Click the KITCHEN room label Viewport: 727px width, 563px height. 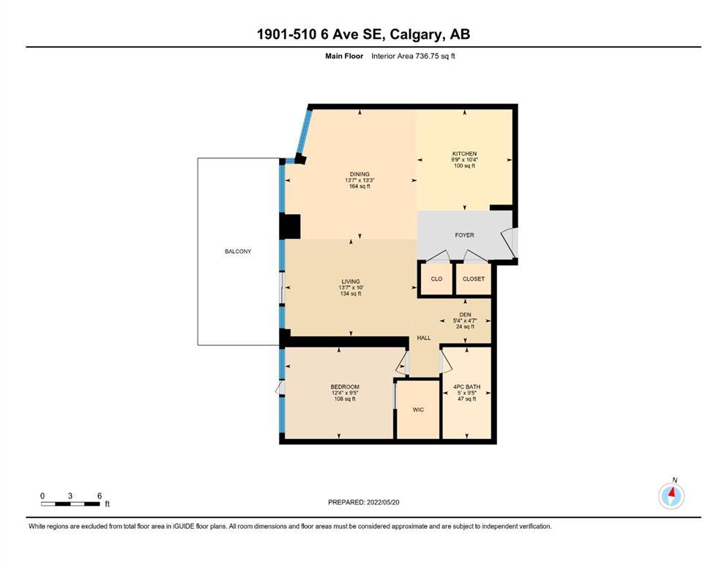coord(465,154)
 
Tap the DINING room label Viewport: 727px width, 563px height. coord(359,174)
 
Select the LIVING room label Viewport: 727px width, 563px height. coord(351,281)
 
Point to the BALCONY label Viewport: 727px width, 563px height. coord(238,251)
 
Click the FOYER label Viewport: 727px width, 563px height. coord(465,235)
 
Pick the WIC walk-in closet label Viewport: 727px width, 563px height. coord(418,410)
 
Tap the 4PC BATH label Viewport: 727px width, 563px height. coord(467,386)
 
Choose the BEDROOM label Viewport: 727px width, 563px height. coord(345,386)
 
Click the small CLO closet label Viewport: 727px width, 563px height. coord(436,279)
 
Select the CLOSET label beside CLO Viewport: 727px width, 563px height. coord(474,279)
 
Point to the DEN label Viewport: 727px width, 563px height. coord(465,314)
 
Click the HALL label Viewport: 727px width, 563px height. coord(424,338)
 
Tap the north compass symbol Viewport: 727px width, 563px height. coord(671,496)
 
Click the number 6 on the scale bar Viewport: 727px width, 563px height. coord(100,496)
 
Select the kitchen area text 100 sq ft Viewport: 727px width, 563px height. coord(465,166)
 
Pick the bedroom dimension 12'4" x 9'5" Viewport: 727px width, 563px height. coord(345,393)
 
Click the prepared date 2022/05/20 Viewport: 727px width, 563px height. coord(383,502)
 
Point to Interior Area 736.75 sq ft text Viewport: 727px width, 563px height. coord(413,56)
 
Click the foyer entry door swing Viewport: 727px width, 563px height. coord(510,243)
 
